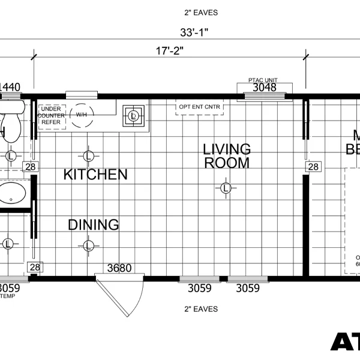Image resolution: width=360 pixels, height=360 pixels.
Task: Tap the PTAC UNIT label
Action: [x=263, y=80]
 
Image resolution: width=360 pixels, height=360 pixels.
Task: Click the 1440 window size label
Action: [x=9, y=88]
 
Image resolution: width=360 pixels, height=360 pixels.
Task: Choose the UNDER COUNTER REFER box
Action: [x=51, y=115]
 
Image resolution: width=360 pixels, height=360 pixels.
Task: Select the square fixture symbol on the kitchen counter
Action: [x=133, y=115]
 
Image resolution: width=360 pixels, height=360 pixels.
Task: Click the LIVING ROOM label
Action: [x=226, y=155]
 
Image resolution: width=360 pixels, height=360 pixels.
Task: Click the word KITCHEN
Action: [x=95, y=175]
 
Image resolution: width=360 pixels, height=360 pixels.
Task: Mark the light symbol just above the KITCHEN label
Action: [x=88, y=156]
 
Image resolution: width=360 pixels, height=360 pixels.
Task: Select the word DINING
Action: [x=93, y=225]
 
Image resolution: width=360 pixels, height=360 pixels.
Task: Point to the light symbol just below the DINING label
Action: [x=88, y=245]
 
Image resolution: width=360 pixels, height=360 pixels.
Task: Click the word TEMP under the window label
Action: [x=7, y=296]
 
